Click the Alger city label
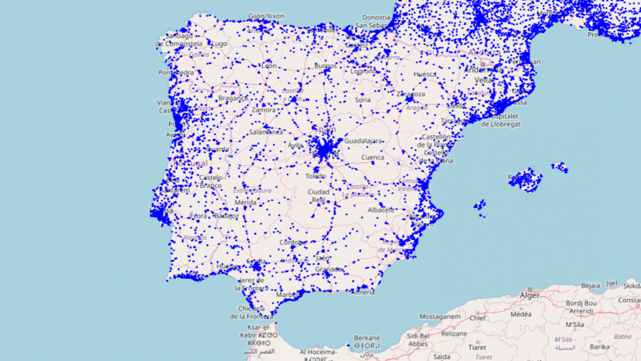pos(530,295)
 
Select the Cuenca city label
pos(372,157)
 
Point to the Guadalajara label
pos(363,141)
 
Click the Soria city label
pos(363,100)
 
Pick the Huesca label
pos(425,74)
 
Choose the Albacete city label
pos(381,210)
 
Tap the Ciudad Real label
pos(318,197)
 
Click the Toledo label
pos(316,176)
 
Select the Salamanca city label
pos(266,132)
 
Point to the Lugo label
pos(219,43)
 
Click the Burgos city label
pos(325,66)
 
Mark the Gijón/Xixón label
pos(266,16)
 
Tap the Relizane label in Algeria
pos(453,333)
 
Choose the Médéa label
pos(521,314)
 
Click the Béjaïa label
pos(591,285)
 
